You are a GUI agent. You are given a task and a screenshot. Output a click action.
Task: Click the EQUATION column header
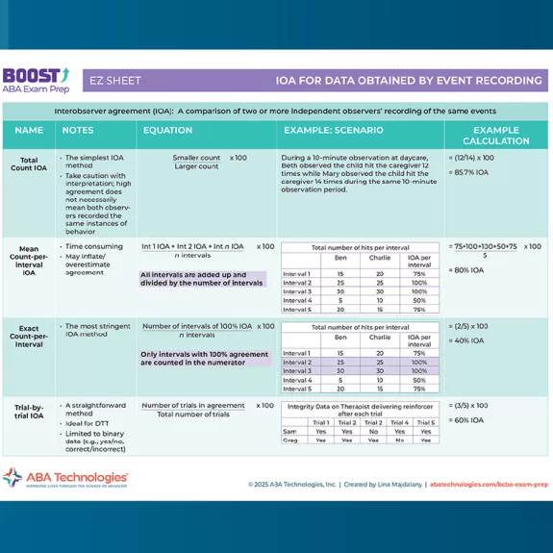(x=167, y=130)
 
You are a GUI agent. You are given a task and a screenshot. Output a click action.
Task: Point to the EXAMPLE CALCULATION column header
(x=495, y=135)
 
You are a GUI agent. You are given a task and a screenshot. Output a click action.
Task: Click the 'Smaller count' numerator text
(x=196, y=157)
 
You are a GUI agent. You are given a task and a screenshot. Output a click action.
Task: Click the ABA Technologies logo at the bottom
(x=65, y=478)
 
